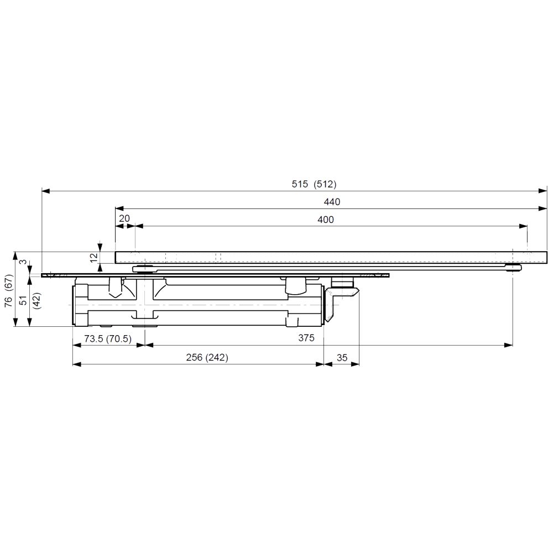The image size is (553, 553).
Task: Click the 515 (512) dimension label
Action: click(x=314, y=184)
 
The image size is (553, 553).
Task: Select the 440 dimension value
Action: click(x=332, y=202)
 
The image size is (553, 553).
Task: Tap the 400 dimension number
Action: click(x=326, y=220)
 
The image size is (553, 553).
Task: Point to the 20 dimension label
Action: click(x=124, y=218)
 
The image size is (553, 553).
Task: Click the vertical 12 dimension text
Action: click(x=94, y=258)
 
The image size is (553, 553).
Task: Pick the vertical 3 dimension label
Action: click(x=23, y=262)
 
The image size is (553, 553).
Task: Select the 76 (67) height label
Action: click(x=8, y=290)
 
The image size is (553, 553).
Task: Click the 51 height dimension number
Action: click(x=23, y=300)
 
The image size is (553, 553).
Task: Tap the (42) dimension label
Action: click(x=37, y=300)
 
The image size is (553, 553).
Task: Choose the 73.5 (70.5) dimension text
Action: click(x=108, y=338)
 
